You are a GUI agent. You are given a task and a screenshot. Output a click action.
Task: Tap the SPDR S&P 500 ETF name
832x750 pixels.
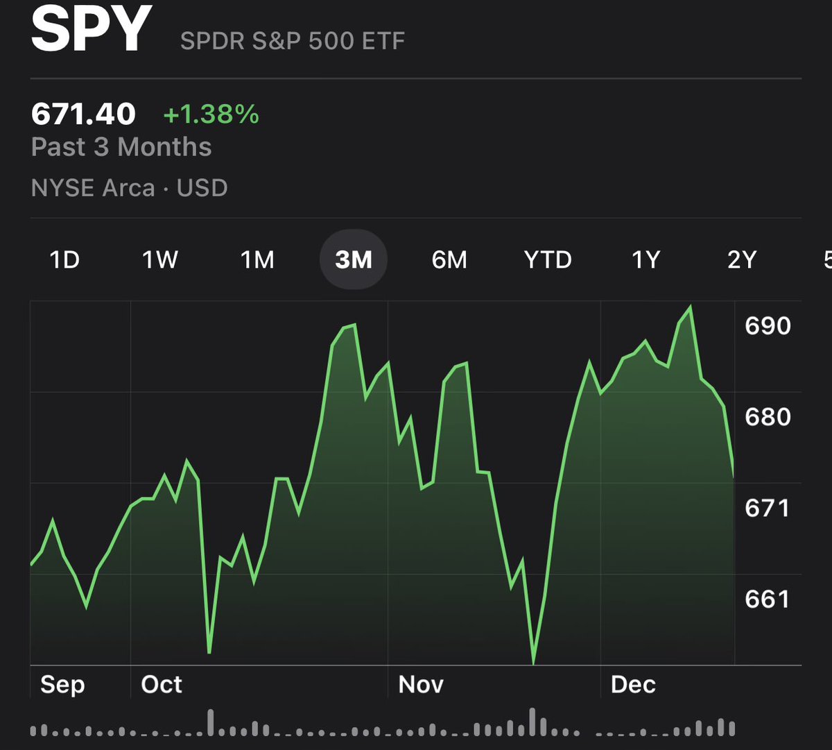click(292, 41)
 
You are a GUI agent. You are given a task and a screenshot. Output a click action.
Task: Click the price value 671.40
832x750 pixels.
click(83, 114)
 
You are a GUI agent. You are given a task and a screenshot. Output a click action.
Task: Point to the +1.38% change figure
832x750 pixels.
click(211, 114)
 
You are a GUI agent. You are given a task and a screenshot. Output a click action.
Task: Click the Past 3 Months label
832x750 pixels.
click(121, 147)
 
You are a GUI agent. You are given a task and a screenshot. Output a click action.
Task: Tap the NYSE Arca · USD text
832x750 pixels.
click(130, 188)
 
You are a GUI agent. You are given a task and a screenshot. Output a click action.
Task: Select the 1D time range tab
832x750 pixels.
click(64, 259)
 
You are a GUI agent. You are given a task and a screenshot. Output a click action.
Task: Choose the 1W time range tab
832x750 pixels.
click(160, 259)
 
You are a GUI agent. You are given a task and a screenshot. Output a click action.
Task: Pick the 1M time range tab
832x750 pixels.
click(257, 259)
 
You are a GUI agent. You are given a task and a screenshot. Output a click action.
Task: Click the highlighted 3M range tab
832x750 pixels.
click(353, 259)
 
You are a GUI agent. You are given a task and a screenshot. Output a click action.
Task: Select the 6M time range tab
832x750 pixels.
click(449, 259)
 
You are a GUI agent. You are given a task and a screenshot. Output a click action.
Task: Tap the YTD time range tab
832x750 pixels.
click(548, 259)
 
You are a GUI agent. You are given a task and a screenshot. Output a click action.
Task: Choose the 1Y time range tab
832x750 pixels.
click(645, 259)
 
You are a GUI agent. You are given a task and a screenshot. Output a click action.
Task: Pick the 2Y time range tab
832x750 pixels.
click(741, 259)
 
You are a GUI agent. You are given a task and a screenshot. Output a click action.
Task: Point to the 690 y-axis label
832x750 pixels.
click(768, 325)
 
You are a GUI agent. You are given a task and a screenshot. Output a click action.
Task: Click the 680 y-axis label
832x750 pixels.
click(768, 417)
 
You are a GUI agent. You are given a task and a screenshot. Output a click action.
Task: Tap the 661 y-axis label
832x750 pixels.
click(768, 599)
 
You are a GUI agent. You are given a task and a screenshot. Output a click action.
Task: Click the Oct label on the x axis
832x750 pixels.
click(162, 685)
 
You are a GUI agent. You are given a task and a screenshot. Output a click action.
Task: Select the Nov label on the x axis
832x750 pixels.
click(421, 685)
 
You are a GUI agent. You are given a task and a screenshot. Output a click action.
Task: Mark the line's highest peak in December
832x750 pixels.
click(690, 306)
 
